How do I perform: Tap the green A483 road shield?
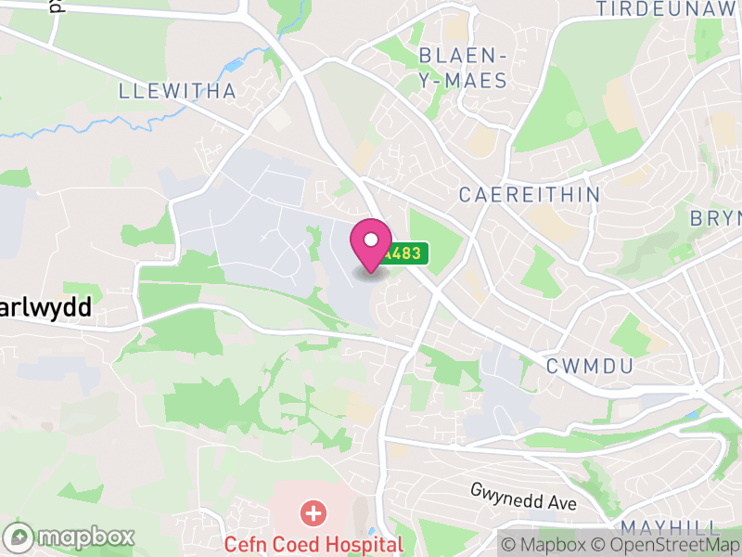405,253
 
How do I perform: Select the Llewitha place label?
178,91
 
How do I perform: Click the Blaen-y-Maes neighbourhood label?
463,67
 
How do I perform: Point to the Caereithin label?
531,195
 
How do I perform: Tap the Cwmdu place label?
590,366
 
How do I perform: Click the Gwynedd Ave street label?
523,497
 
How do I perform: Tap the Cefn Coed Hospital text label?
313,544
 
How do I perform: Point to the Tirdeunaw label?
668,9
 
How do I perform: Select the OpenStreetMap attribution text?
664,544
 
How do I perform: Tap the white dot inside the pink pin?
371,240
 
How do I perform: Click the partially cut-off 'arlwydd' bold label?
46,307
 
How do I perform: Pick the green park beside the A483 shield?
436,237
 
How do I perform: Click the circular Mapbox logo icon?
19,537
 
